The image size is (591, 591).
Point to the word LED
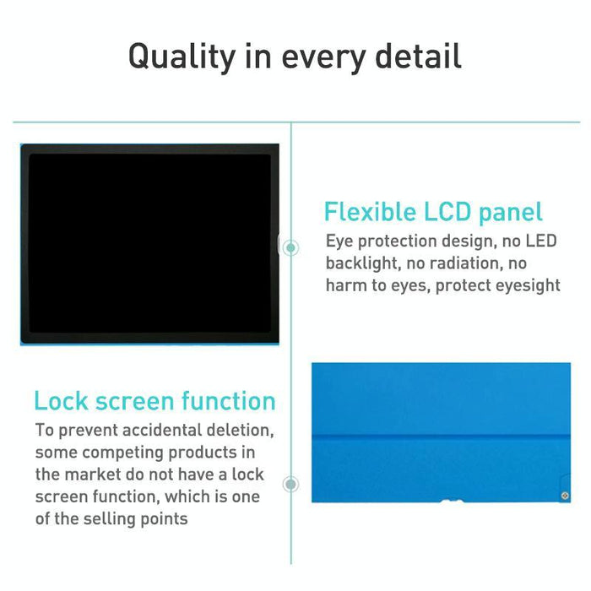(540, 241)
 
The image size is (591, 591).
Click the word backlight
(365, 263)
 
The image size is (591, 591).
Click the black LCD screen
(149, 244)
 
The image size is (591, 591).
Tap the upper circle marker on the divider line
(291, 247)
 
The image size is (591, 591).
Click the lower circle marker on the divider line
(291, 484)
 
